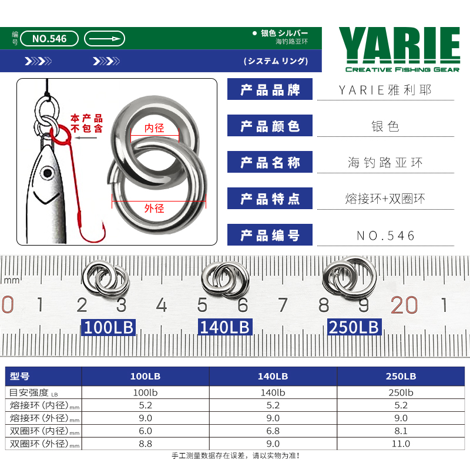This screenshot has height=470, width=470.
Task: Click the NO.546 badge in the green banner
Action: pos(49,39)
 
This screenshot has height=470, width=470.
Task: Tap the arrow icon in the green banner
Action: pos(105,39)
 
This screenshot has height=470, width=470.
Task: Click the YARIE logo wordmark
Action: pos(399,45)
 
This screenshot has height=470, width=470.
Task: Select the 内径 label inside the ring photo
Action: pos(155,128)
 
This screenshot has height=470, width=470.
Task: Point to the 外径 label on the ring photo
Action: pos(155,208)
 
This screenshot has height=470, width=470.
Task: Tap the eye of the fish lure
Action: pos(47,173)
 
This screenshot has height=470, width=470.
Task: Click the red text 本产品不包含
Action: pos(86,123)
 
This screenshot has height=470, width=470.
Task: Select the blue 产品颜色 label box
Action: pos(270,126)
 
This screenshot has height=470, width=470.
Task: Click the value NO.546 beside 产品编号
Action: pos(386,236)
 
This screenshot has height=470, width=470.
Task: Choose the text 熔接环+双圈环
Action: pos(385,199)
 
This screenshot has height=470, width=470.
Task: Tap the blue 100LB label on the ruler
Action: pos(109,327)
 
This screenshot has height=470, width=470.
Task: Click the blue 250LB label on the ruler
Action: pos(354,327)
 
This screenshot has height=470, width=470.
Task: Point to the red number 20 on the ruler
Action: pos(404,305)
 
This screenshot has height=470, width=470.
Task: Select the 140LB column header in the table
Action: pos(273,376)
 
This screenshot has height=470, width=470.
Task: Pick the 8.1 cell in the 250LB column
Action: pos(401,431)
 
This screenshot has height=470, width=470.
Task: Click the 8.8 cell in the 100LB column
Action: pos(145,444)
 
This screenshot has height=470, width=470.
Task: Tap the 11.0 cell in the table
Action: pos(401,444)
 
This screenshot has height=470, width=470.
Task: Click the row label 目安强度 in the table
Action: pos(29,392)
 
